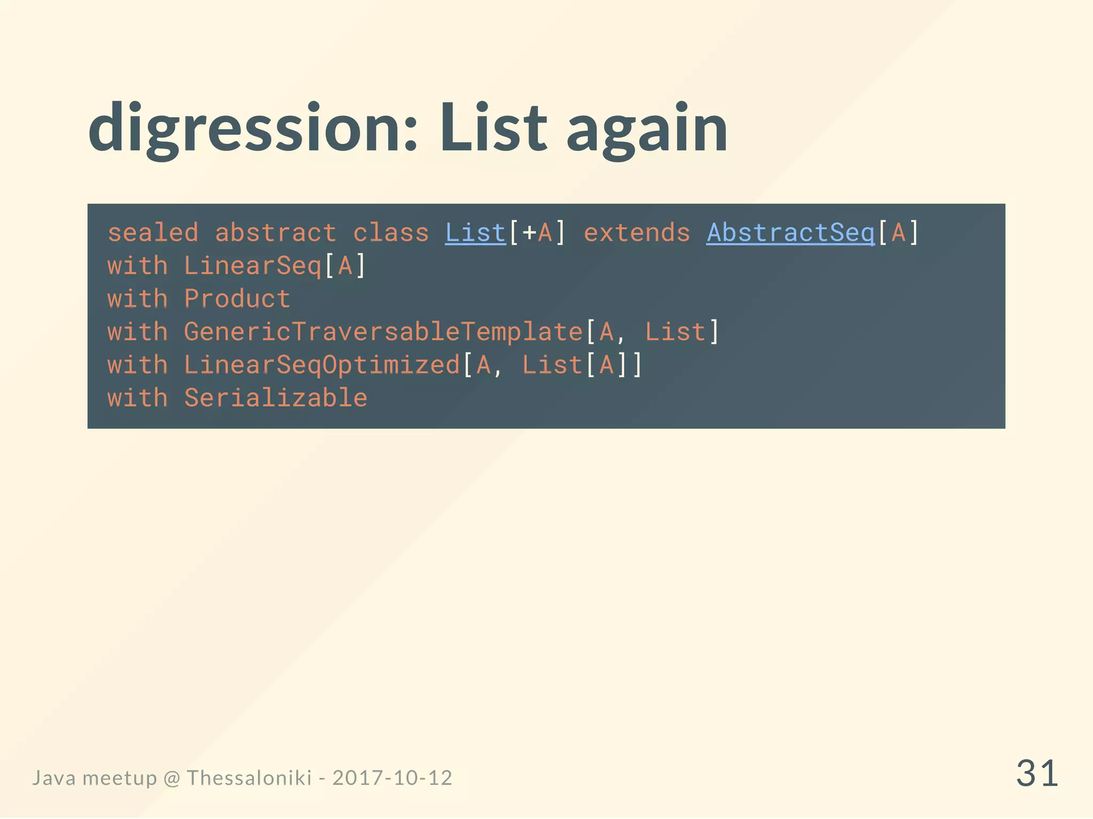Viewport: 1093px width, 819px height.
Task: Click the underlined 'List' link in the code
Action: pos(475,233)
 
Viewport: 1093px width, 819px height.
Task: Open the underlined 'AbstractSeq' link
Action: pos(790,233)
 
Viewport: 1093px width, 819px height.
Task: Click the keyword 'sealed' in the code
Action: pos(153,233)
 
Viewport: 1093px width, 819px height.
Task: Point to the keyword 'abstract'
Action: pos(275,233)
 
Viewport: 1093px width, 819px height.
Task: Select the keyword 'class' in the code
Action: pos(391,233)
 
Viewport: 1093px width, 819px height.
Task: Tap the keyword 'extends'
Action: pos(637,233)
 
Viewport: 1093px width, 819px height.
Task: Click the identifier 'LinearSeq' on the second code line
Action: pos(252,266)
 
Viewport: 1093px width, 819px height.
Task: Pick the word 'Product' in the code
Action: pos(237,299)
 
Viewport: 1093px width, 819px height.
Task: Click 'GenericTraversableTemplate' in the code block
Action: pos(383,332)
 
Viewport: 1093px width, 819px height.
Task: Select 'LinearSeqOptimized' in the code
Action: pos(322,365)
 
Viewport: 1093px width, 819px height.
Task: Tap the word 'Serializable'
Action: pos(275,398)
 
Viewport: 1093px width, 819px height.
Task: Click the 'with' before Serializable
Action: pos(138,398)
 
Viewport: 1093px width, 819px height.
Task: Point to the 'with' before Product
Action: pos(138,299)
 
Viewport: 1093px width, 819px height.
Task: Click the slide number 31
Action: pos(1036,774)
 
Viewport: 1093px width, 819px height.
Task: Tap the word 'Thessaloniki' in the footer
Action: pos(249,778)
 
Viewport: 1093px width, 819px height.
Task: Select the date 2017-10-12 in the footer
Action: pos(392,778)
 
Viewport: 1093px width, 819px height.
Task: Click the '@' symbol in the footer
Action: pos(172,778)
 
